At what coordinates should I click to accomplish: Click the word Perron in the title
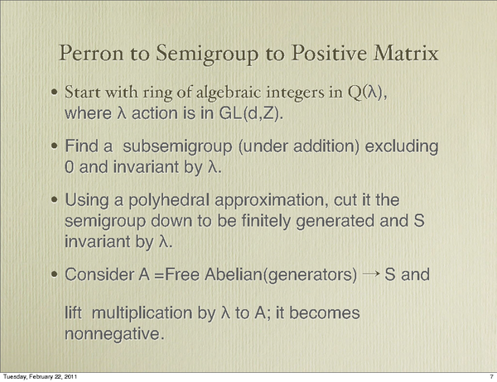click(91, 53)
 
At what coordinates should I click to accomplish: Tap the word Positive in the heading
click(329, 53)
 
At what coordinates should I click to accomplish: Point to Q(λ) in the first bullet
click(367, 93)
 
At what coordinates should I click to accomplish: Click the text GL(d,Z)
click(251, 113)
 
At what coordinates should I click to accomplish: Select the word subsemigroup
click(177, 147)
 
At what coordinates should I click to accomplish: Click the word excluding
click(402, 147)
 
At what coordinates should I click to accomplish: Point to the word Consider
click(99, 275)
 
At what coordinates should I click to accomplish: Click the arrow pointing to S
click(371, 274)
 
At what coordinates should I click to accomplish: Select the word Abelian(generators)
click(281, 275)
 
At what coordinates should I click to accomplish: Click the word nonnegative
click(114, 334)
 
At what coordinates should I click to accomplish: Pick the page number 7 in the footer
click(491, 376)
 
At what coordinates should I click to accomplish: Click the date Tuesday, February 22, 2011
click(40, 376)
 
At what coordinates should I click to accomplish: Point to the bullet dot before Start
click(55, 93)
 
